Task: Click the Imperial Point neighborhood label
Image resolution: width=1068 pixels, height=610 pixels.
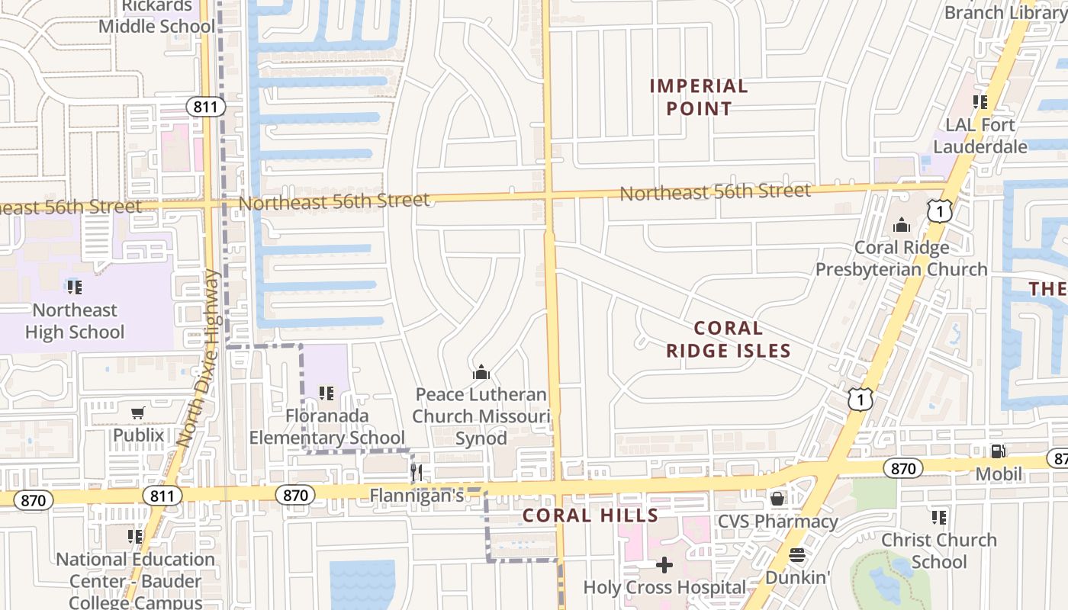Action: click(x=698, y=98)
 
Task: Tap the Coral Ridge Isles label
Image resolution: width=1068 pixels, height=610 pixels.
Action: click(x=728, y=339)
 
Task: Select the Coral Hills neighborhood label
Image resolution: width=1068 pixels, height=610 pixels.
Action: click(x=590, y=515)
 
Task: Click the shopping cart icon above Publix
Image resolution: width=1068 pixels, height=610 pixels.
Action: click(x=138, y=413)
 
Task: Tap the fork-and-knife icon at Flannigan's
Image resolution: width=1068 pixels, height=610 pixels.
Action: click(x=417, y=473)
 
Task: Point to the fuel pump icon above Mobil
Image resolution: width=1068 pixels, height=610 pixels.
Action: click(x=998, y=451)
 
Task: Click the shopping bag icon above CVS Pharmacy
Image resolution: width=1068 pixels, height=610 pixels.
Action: click(x=777, y=499)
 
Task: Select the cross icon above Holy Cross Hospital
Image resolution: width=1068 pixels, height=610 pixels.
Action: click(x=664, y=565)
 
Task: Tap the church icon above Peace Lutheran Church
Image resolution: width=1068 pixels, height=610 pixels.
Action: click(x=481, y=373)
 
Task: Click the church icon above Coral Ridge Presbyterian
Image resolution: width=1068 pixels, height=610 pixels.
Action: click(x=902, y=226)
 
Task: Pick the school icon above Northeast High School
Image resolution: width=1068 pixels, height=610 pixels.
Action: click(x=74, y=287)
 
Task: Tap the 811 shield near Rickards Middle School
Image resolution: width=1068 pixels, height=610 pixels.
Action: click(x=205, y=107)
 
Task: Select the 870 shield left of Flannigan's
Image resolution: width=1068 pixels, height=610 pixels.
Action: click(x=294, y=496)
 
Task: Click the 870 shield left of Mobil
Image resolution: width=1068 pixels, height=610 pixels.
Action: click(x=902, y=468)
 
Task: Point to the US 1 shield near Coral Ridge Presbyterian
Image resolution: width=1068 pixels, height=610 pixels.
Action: click(x=941, y=211)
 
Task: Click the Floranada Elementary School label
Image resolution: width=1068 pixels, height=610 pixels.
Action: click(x=327, y=427)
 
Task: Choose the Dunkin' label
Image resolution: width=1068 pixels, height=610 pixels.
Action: click(x=797, y=577)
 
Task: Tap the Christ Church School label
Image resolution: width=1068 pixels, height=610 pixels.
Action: click(x=939, y=551)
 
